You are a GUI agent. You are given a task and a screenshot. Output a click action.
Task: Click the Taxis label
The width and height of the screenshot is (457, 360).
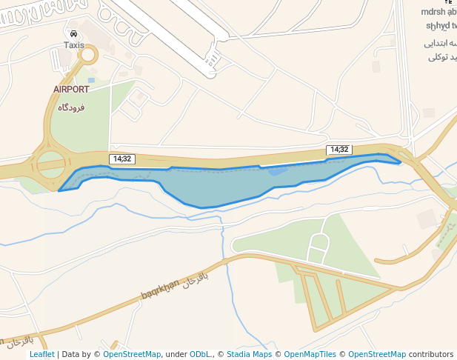click(x=74, y=45)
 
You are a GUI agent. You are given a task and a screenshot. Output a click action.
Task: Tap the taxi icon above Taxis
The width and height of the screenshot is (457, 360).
click(x=74, y=34)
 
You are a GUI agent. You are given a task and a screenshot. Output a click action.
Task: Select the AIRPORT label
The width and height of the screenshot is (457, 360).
click(x=71, y=90)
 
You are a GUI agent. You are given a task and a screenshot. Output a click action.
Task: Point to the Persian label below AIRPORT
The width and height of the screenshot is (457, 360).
click(x=71, y=107)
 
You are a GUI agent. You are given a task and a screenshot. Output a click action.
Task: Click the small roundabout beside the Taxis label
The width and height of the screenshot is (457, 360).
click(x=89, y=54)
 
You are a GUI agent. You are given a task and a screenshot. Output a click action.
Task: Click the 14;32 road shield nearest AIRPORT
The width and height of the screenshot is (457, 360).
click(x=121, y=159)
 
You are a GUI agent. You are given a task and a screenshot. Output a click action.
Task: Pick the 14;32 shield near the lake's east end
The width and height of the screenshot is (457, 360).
click(x=338, y=150)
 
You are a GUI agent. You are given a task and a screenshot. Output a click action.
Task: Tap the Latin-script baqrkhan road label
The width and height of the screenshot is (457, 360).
click(x=160, y=290)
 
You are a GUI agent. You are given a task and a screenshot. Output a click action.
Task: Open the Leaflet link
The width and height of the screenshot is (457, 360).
click(x=42, y=355)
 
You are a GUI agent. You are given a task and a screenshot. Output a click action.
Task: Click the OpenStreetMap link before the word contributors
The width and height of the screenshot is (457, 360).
click(x=376, y=355)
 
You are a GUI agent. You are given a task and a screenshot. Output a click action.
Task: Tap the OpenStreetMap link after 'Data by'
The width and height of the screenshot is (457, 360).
click(x=132, y=355)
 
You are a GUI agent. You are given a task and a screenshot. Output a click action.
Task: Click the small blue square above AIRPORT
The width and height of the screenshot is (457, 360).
click(x=91, y=80)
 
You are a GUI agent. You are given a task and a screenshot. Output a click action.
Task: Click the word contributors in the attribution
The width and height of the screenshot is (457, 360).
click(x=431, y=355)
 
